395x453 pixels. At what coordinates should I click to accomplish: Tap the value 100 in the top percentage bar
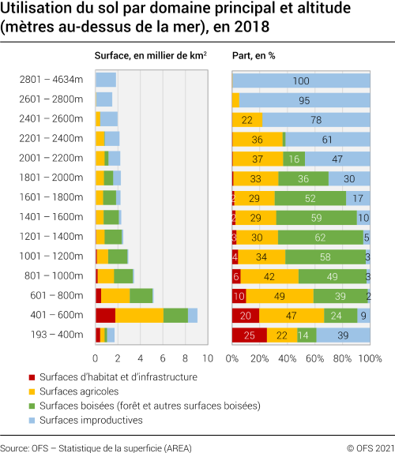pos(301,80)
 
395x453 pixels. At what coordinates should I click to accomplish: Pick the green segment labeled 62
pos(320,237)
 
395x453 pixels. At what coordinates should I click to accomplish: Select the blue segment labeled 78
pos(316,119)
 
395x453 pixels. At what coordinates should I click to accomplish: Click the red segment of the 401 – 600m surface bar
pos(105,315)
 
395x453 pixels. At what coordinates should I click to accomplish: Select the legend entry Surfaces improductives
pos(87,420)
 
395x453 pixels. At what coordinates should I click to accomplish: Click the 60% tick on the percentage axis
pos(314,358)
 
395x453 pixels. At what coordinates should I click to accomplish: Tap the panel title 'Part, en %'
pos(253,57)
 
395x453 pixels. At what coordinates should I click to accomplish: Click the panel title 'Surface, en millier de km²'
pos(150,57)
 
